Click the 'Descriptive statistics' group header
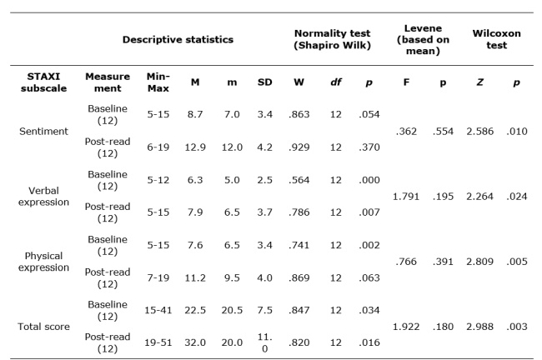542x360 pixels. pos(178,39)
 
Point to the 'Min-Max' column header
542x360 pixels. pos(158,83)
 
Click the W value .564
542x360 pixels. pos(297,179)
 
